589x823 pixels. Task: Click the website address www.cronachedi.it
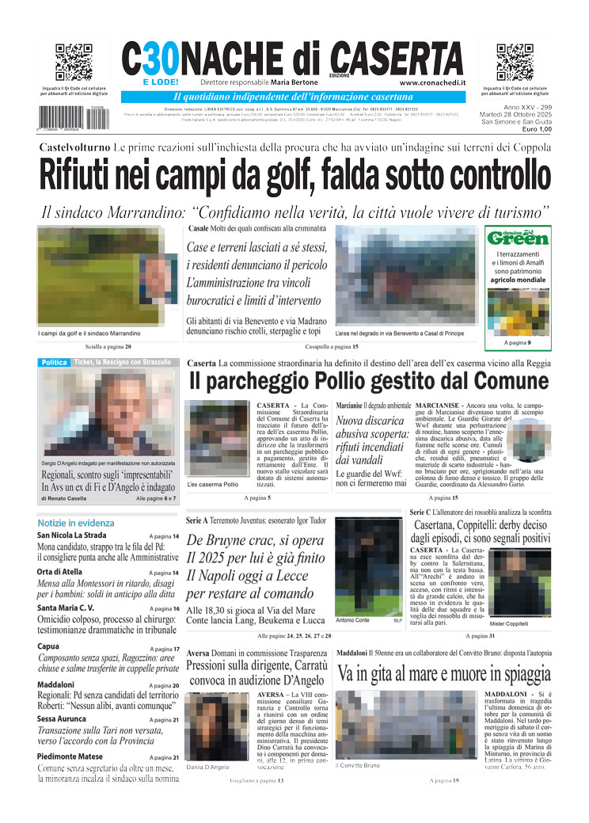coord(432,82)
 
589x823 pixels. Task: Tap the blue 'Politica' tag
coord(55,362)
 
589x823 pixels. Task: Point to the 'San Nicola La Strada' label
coord(71,535)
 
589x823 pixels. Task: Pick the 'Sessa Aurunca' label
coord(64,719)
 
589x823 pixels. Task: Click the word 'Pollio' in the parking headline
coord(355,382)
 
